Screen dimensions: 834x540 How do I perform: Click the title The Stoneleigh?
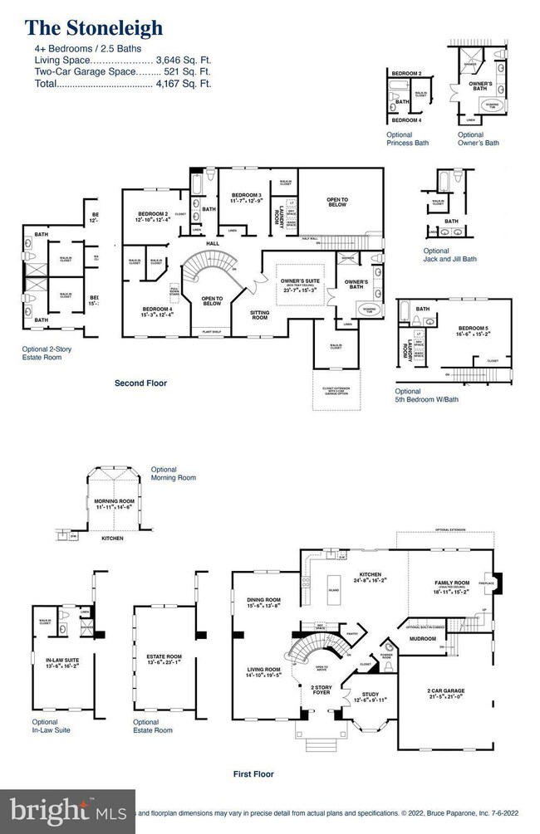point(94,28)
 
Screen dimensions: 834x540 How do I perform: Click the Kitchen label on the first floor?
point(370,574)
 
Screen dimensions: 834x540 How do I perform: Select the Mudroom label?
point(423,639)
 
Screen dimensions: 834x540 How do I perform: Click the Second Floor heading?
point(140,383)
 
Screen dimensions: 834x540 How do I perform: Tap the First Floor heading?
point(253,773)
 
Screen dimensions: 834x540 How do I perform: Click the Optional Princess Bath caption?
point(408,139)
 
